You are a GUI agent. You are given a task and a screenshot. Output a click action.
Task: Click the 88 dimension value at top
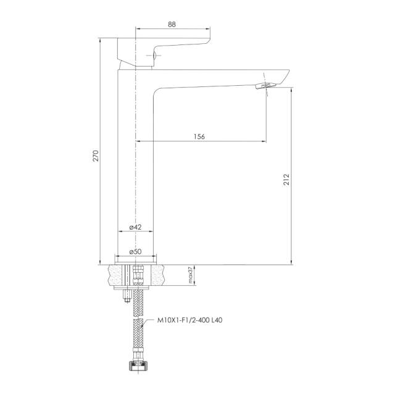click(x=172, y=25)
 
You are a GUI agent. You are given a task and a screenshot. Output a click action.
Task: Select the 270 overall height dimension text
click(x=96, y=156)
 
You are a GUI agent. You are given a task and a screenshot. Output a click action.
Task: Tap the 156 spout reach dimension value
click(x=199, y=136)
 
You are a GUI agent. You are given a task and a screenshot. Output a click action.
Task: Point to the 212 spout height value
click(x=286, y=180)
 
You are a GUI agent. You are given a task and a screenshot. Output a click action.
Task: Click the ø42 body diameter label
click(x=136, y=227)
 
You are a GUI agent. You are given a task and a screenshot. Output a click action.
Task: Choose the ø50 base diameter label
click(x=136, y=251)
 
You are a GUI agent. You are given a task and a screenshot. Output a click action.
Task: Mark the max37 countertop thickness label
click(x=190, y=275)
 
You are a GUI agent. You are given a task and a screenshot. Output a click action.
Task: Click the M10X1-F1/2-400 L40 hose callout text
click(x=189, y=320)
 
